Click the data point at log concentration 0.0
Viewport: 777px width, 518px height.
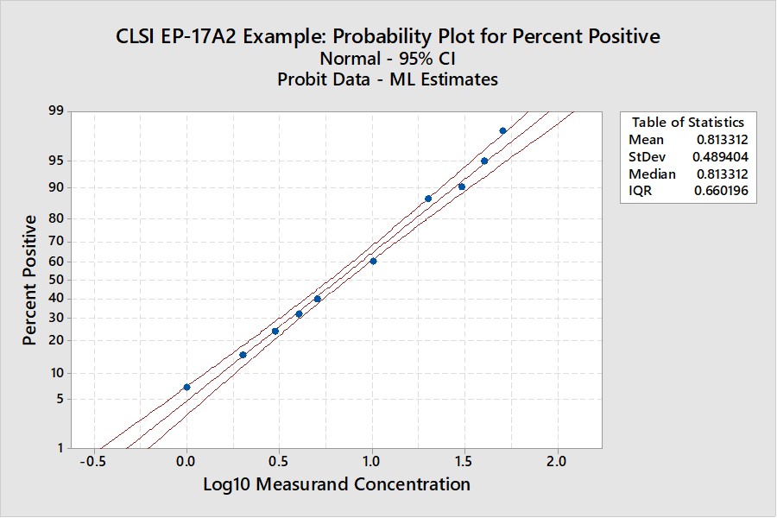186,387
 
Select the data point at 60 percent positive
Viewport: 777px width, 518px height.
373,261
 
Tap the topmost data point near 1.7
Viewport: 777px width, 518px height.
502,130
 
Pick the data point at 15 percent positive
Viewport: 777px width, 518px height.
243,355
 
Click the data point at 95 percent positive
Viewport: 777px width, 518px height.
484,161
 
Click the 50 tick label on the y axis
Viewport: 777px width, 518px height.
57,280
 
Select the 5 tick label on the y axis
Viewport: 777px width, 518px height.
60,399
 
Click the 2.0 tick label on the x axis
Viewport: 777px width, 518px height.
558,461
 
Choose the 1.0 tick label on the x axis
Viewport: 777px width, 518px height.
372,461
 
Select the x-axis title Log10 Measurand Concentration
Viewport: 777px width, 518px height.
337,484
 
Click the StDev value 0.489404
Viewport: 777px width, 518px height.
720,157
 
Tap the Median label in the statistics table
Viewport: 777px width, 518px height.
652,174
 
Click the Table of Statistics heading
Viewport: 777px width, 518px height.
687,122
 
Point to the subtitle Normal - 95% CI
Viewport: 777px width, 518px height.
388,59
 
